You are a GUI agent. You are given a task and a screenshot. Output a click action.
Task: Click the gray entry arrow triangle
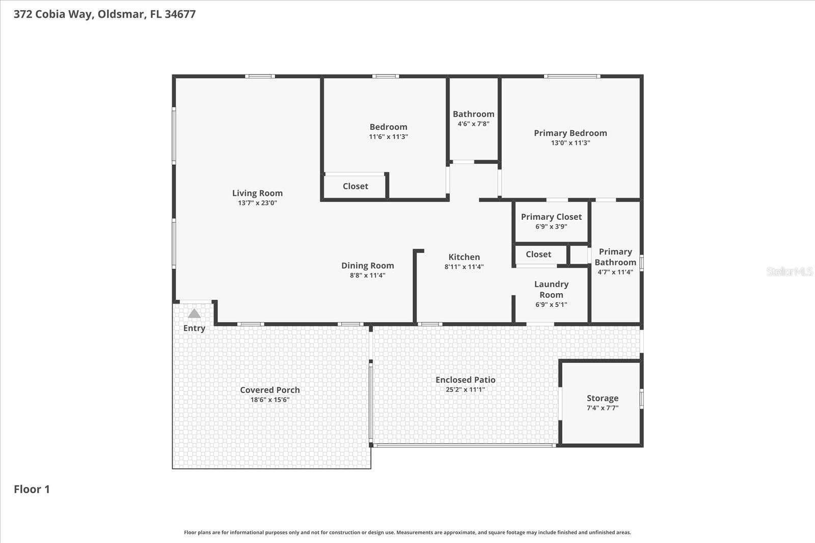click(x=194, y=313)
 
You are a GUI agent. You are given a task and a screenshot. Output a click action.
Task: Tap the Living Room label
click(x=257, y=193)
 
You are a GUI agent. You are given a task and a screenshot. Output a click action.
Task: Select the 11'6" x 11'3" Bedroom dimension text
click(x=388, y=136)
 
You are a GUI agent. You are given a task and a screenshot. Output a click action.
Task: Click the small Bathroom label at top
click(x=473, y=114)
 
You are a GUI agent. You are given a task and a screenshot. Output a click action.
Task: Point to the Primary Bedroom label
click(x=570, y=133)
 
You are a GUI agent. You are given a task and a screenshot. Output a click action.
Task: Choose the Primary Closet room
click(x=551, y=221)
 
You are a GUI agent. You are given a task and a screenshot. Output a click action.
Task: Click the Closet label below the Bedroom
click(x=355, y=186)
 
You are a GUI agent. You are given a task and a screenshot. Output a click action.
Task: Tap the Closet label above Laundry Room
click(x=538, y=254)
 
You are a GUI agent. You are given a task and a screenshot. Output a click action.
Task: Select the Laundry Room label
click(x=551, y=290)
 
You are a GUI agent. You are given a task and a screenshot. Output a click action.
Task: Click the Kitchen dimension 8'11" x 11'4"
click(x=464, y=267)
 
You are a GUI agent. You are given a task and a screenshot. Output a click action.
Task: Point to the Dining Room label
click(x=367, y=265)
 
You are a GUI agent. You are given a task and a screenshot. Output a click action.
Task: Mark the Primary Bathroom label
click(x=615, y=257)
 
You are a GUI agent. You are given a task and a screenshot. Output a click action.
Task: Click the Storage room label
click(x=602, y=398)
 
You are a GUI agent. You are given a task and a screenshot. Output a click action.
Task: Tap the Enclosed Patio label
click(x=465, y=380)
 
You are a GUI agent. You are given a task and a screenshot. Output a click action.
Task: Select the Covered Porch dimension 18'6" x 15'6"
click(x=269, y=399)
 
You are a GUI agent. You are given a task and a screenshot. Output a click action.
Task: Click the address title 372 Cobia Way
click(x=104, y=14)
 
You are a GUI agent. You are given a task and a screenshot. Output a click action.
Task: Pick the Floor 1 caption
click(x=32, y=489)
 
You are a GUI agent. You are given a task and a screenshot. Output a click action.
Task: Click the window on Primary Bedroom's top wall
click(x=572, y=77)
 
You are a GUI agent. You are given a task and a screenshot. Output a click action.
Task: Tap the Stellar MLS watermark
click(x=789, y=271)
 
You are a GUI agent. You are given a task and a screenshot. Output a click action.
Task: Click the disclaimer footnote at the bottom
click(x=407, y=532)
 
